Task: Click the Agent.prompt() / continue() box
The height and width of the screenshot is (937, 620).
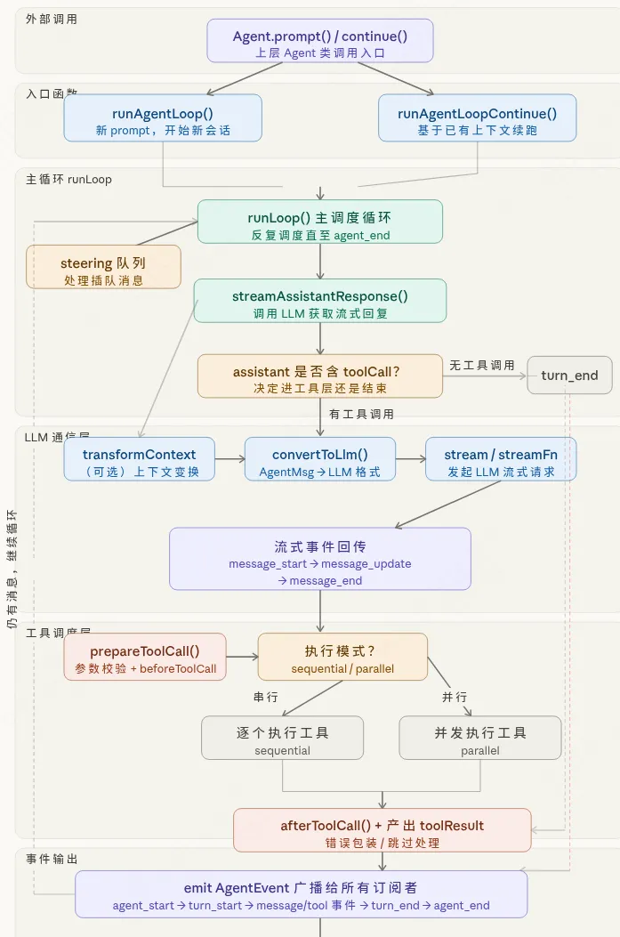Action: tap(320, 41)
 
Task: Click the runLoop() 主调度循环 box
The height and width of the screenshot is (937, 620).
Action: tap(320, 222)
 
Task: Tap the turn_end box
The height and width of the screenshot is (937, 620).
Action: tap(569, 376)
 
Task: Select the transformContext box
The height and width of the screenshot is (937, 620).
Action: tap(140, 459)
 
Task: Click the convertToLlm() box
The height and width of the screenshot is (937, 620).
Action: tap(320, 459)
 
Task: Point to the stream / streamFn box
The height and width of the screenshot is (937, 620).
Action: tap(500, 459)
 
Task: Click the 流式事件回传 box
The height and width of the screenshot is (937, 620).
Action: tap(320, 559)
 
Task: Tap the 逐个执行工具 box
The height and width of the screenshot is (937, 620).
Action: tap(282, 738)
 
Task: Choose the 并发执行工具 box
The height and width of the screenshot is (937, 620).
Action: tap(480, 738)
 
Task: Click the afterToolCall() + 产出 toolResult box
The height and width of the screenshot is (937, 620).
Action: tap(382, 830)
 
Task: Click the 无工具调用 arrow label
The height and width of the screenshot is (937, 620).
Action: tap(482, 365)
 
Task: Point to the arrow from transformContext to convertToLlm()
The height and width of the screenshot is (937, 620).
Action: tap(229, 459)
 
